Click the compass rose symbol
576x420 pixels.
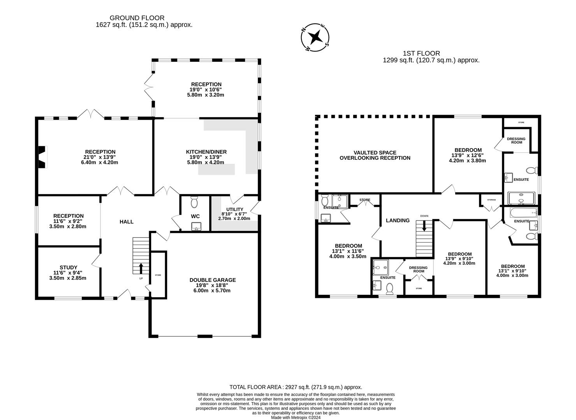(315, 37)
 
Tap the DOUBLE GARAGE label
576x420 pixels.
(212, 280)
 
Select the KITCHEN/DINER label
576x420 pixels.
(206, 152)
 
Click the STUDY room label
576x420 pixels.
(68, 268)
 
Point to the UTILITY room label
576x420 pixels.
(234, 209)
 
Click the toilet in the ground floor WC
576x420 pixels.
(195, 202)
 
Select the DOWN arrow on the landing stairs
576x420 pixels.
(424, 226)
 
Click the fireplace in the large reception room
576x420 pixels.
(42, 157)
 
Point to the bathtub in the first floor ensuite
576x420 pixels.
(523, 212)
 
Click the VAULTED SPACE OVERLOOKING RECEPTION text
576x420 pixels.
(375, 155)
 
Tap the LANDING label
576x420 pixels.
(398, 220)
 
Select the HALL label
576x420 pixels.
(126, 222)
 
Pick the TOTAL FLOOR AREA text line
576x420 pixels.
(296, 387)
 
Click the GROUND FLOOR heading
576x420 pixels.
(137, 18)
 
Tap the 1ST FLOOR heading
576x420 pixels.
(421, 53)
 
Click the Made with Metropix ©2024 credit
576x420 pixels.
(296, 418)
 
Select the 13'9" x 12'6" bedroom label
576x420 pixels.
(468, 155)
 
